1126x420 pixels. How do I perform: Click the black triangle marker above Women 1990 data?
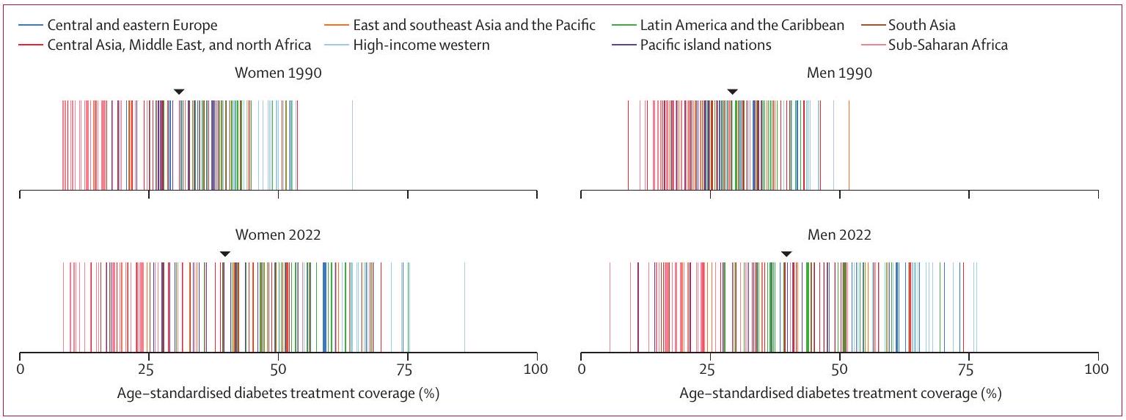click(x=178, y=92)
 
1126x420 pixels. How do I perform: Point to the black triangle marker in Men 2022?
click(x=786, y=254)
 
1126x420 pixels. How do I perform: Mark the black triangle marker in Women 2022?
click(x=225, y=254)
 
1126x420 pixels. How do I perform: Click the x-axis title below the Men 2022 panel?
click(x=840, y=394)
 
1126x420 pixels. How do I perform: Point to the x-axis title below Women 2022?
click(x=279, y=394)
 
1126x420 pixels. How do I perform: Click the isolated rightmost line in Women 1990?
click(x=353, y=144)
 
